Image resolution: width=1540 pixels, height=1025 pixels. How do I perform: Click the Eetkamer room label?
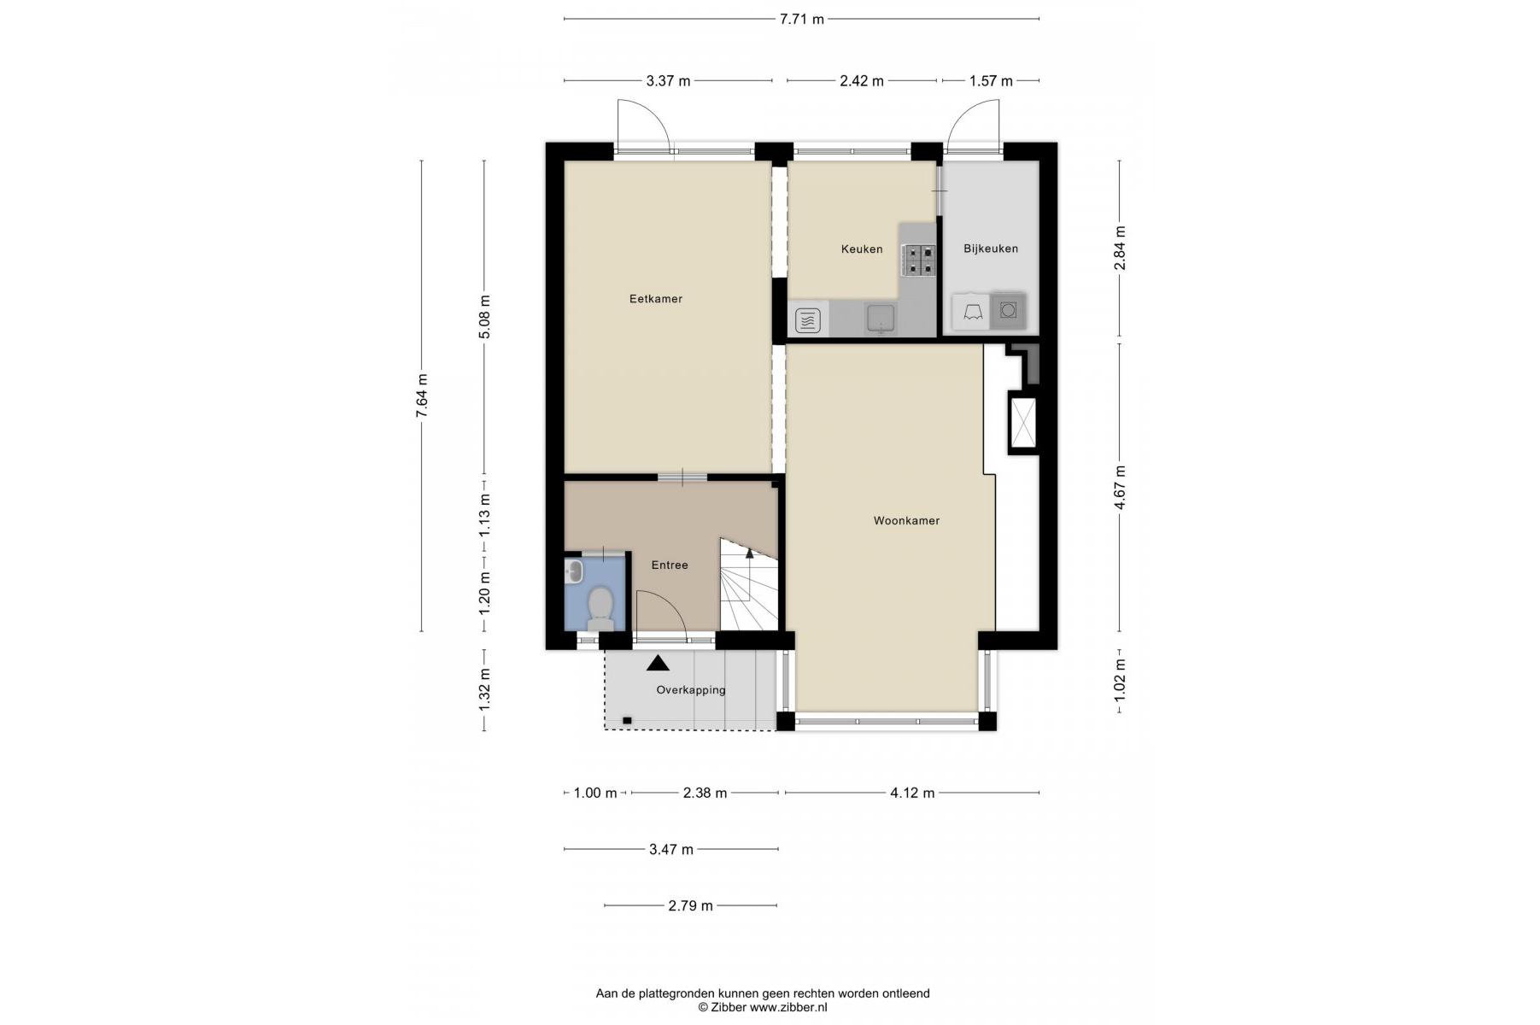pos(655,299)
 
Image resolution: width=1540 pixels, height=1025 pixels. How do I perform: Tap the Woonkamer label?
pos(906,520)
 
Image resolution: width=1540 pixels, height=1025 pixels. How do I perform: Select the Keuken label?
pos(862,249)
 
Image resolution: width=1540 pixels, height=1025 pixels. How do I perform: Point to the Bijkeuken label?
pos(991,249)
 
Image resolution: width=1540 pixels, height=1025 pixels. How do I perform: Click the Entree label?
pos(670,565)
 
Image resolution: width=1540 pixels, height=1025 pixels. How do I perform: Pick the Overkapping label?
pos(691,690)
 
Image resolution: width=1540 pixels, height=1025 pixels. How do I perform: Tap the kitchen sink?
pos(879,319)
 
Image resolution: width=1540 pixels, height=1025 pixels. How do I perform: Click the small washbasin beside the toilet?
pos(574,571)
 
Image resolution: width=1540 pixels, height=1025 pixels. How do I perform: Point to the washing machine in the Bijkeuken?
pos(1008,310)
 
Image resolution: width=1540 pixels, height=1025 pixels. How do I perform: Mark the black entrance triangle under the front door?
pos(658,662)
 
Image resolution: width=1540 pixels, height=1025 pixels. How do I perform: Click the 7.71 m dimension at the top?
pos(801,19)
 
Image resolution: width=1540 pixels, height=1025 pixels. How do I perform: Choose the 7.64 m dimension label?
pos(421,397)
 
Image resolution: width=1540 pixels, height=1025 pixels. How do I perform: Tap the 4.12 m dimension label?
pos(912,793)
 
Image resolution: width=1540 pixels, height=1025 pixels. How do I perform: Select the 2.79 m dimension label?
pos(690,905)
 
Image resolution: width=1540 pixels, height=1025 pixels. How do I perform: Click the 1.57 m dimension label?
pos(991,81)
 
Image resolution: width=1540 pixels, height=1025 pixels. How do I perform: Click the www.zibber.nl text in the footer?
pos(788,1007)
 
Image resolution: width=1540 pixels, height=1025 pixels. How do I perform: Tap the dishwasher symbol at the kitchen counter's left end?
pos(808,320)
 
